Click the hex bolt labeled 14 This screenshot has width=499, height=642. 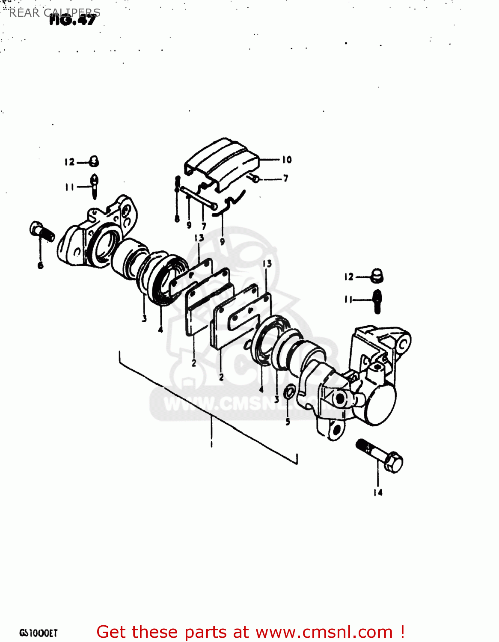coord(380,456)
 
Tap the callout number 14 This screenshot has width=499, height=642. coord(377,493)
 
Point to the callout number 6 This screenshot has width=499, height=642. coord(41,265)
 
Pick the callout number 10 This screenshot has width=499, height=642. coord(287,160)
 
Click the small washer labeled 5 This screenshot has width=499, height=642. coord(289,391)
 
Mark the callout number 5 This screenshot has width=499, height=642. coord(288,422)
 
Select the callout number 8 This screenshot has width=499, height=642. coord(177,219)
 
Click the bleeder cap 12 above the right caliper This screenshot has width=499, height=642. coord(377,276)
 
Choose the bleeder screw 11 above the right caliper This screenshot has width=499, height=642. coord(377,301)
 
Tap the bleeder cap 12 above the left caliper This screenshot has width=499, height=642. coord(94,161)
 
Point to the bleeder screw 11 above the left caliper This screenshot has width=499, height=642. coord(95,186)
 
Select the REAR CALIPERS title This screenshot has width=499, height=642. coord(54,12)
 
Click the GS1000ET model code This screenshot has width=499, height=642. coord(38,633)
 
